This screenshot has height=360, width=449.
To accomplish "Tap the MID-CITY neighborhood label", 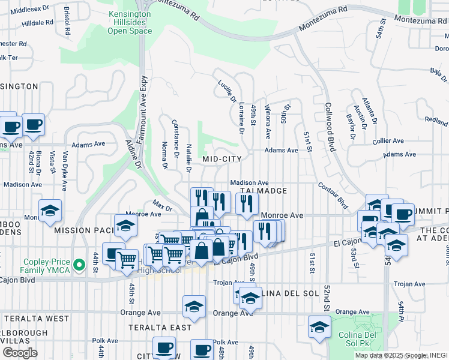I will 222,159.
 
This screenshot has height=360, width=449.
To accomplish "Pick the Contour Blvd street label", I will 333,195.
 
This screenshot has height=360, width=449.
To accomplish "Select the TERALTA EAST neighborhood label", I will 160,328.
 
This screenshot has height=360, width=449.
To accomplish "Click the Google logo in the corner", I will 20,352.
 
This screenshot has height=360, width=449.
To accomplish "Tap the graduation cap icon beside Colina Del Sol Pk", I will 319,328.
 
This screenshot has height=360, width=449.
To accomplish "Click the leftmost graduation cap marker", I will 50,211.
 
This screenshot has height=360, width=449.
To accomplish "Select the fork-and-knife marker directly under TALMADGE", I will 246,204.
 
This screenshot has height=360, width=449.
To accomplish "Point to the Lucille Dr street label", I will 226,89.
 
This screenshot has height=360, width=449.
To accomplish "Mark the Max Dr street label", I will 162,205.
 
